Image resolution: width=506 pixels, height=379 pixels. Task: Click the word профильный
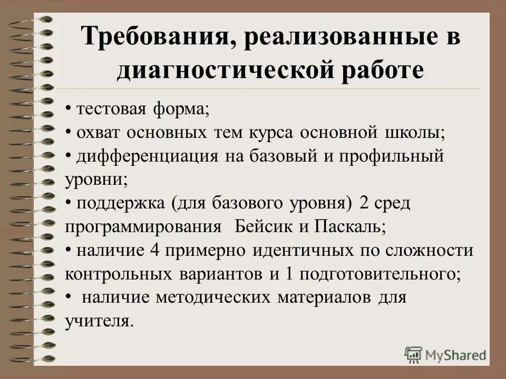391,156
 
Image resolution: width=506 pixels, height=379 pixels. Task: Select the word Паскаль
350,227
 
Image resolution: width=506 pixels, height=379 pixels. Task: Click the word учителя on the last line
98,321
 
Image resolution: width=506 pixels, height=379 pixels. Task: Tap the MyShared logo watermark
446,354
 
